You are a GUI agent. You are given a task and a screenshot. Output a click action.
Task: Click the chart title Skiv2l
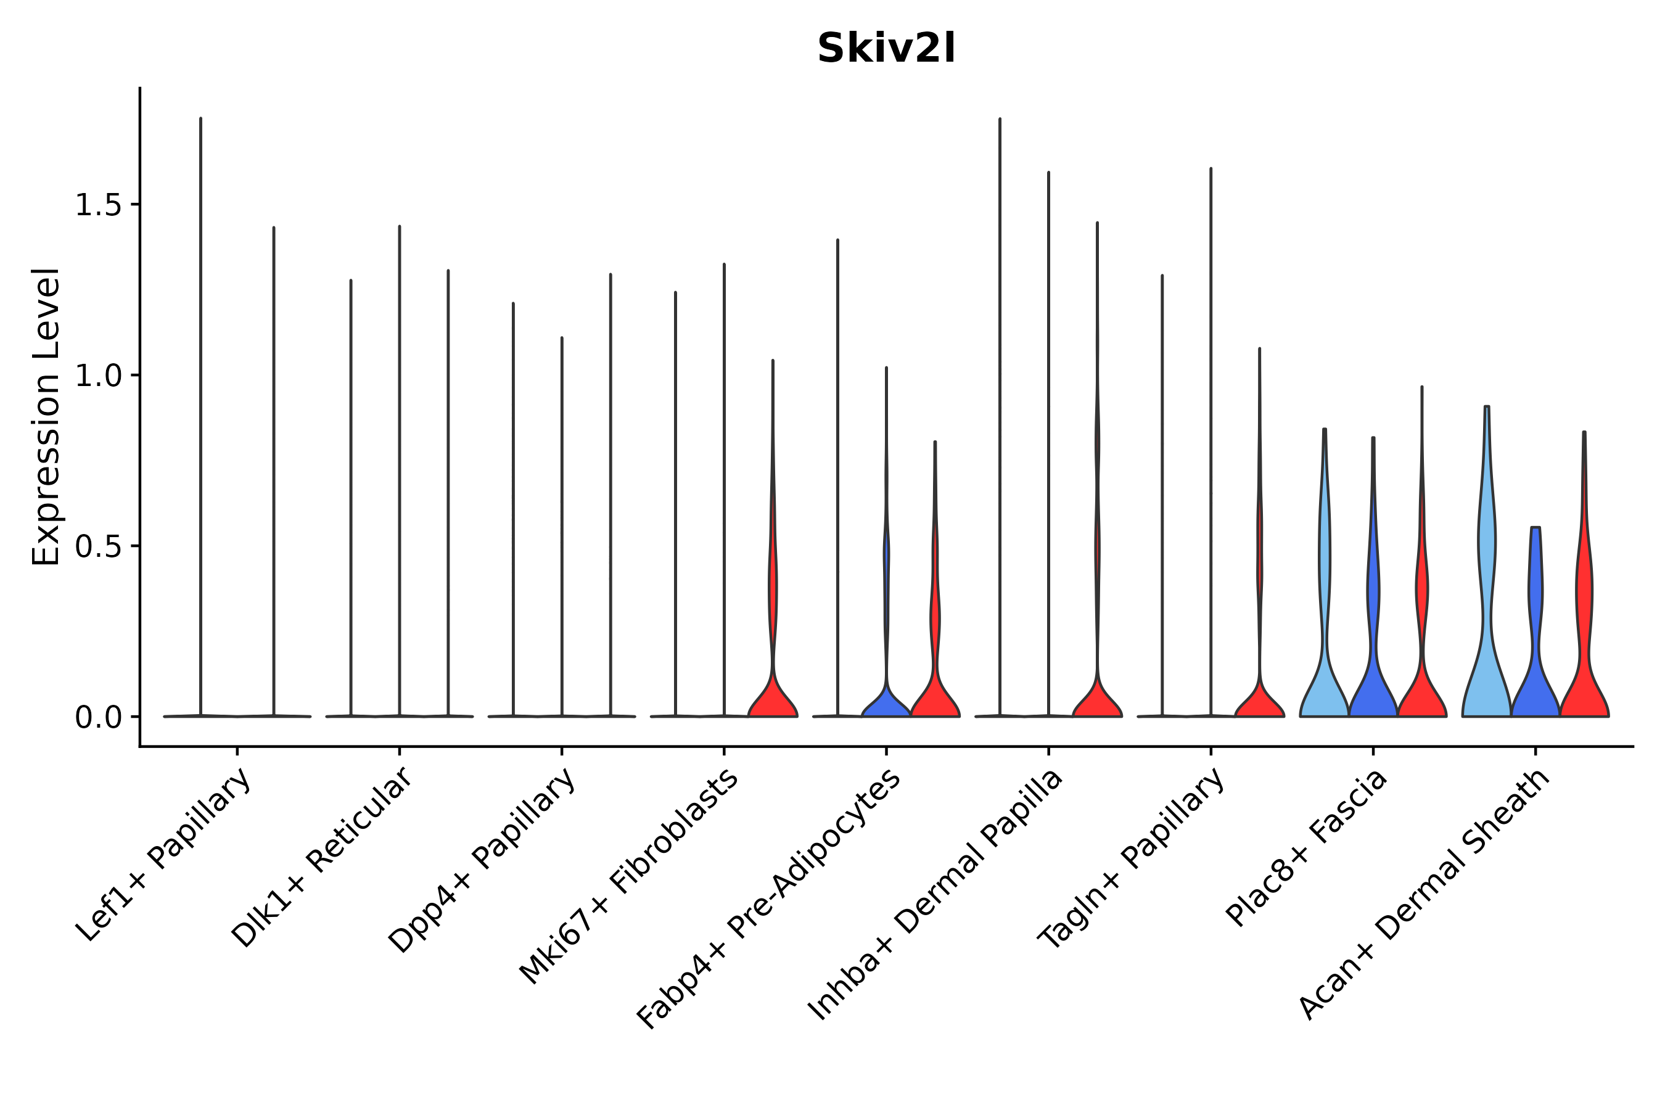pyautogui.click(x=886, y=49)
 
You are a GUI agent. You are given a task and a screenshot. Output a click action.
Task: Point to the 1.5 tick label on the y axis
pyautogui.click(x=97, y=205)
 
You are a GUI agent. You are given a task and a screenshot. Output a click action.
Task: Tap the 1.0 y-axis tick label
pyautogui.click(x=97, y=376)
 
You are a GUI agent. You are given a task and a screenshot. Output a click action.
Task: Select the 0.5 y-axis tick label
pyautogui.click(x=97, y=546)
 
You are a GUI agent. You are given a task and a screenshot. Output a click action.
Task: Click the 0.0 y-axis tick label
pyautogui.click(x=97, y=718)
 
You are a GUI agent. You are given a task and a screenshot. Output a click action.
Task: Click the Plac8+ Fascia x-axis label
pyautogui.click(x=1307, y=847)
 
